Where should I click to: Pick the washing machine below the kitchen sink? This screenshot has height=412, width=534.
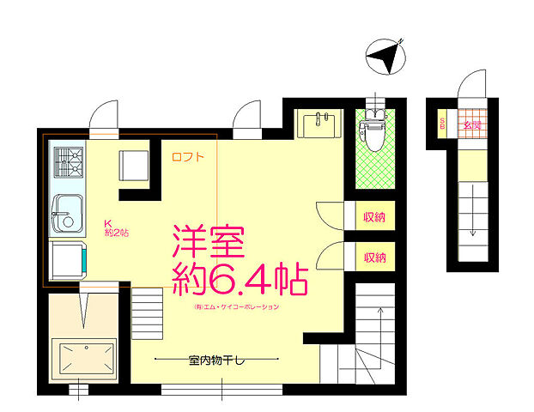[x=68, y=258]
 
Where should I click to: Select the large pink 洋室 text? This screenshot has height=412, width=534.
[x=210, y=240]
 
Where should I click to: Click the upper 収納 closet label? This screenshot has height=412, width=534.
[x=373, y=216]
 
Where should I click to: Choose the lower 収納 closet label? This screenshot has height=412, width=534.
[x=373, y=257]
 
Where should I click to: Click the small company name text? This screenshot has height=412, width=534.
[x=237, y=306]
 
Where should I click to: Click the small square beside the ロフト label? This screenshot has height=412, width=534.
[x=136, y=165]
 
